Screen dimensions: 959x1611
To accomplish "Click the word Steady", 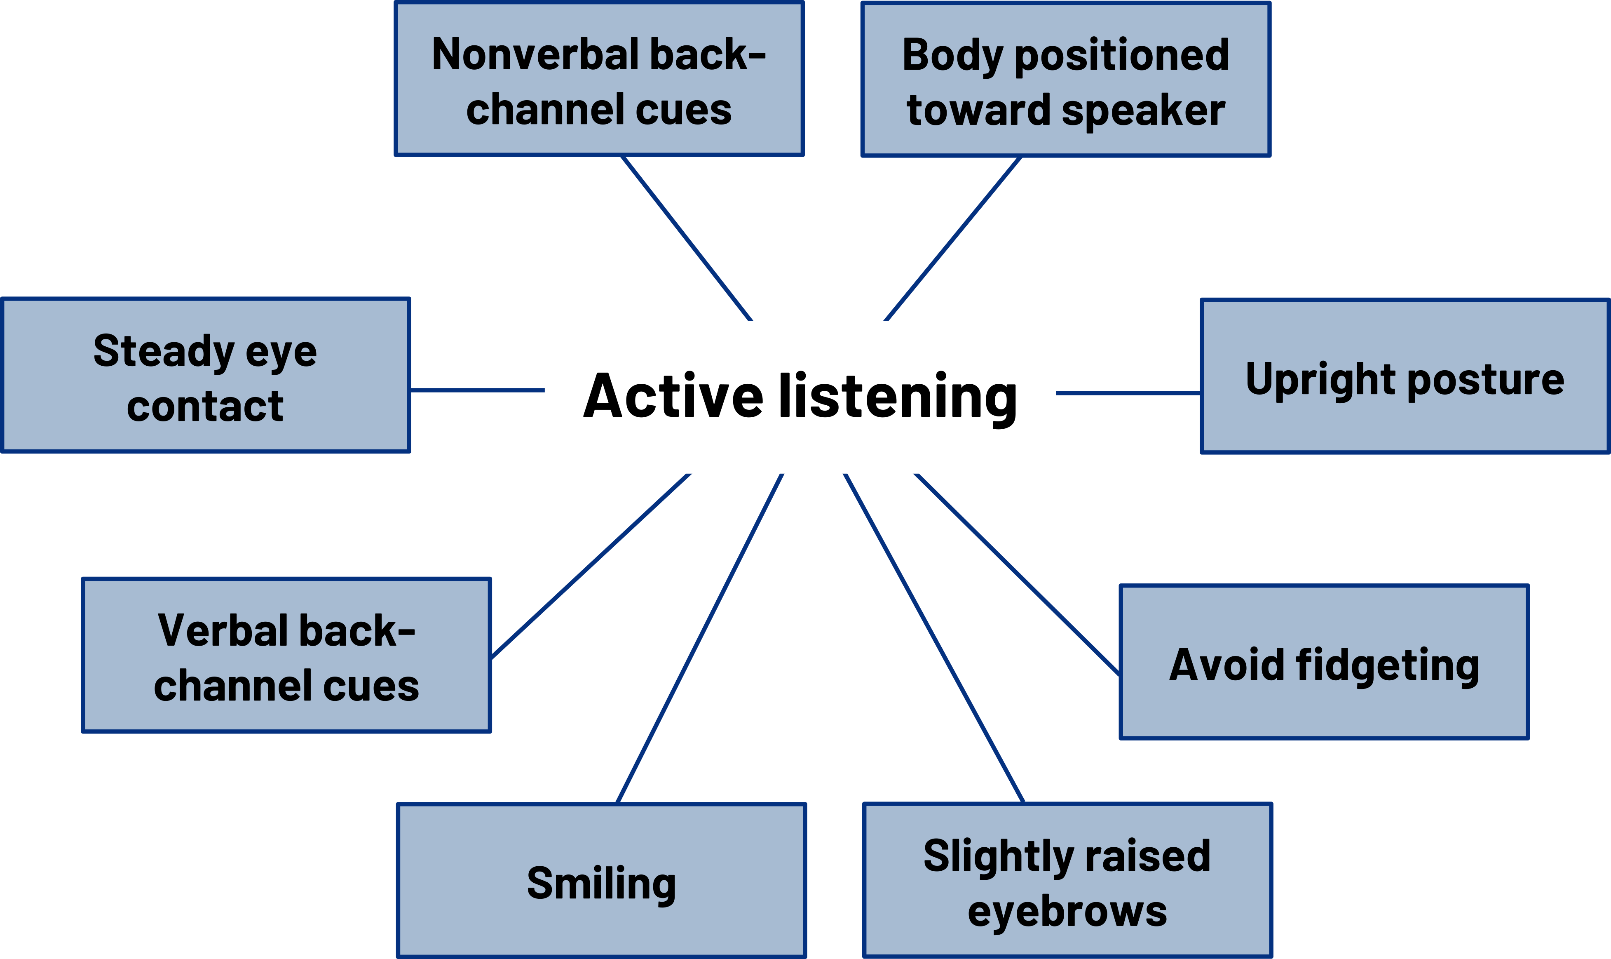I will [164, 352].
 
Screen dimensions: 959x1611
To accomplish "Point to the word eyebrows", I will [1067, 911].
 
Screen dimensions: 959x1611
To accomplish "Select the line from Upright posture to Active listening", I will [1128, 392].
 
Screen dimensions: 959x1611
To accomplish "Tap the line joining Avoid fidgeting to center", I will [1016, 574].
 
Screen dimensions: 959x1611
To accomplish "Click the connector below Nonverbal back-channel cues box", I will [687, 238].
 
